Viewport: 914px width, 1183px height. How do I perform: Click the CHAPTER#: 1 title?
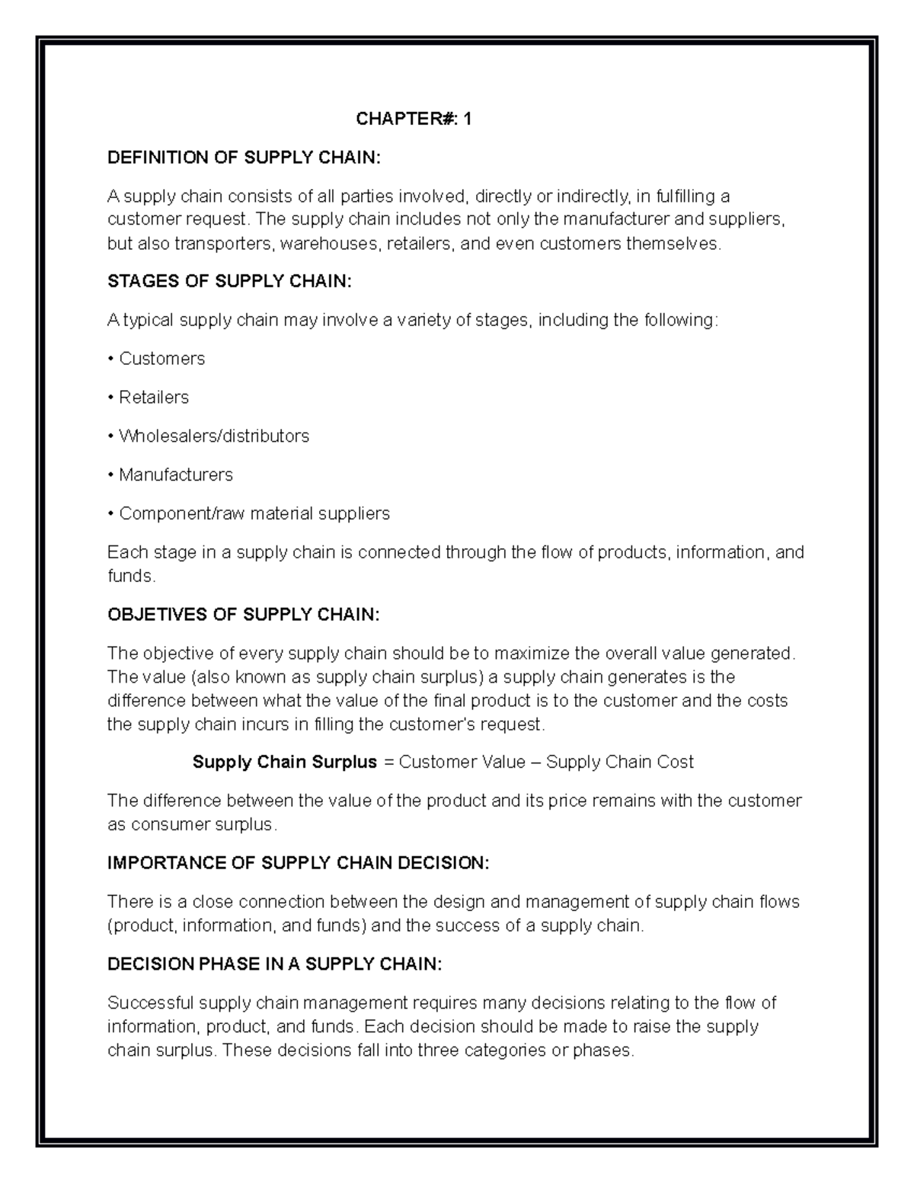[x=414, y=119]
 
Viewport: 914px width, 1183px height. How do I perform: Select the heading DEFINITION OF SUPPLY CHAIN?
[x=243, y=158]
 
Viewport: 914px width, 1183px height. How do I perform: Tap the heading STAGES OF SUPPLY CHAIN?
[x=230, y=281]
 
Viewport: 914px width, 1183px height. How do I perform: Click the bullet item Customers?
[x=161, y=359]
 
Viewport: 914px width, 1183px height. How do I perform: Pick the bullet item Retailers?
[x=153, y=398]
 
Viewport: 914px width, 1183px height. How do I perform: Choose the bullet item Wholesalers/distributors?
[x=213, y=436]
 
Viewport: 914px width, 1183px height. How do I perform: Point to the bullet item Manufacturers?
[x=175, y=475]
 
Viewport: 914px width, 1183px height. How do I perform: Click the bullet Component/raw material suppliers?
[x=254, y=514]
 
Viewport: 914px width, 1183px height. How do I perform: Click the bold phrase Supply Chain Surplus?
[x=285, y=763]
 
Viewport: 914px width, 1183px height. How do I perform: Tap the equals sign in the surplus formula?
[x=389, y=763]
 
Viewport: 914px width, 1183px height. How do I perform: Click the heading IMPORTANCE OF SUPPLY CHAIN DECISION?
[x=299, y=863]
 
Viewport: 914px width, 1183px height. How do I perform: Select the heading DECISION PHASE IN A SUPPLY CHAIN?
[x=274, y=964]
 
